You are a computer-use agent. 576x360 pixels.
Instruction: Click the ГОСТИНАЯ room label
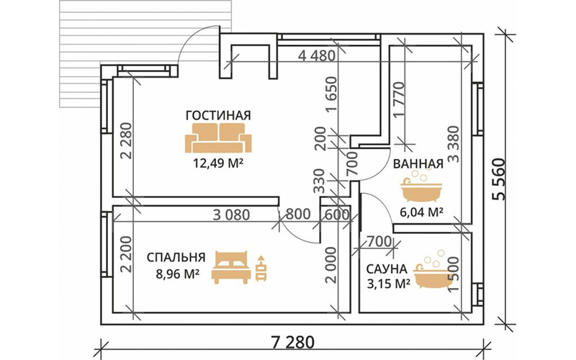pos(218,115)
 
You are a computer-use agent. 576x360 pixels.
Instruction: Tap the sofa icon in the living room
pos(218,138)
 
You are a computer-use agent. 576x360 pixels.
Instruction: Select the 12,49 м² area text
pos(218,163)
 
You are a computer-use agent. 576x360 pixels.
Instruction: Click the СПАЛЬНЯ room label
pos(176,258)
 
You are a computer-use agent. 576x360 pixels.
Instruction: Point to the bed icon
pos(231,267)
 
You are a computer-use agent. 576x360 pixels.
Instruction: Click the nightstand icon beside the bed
pos(261,268)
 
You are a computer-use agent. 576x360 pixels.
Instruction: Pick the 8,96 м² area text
pos(175,274)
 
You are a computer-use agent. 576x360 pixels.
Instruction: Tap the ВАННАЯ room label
pos(418,164)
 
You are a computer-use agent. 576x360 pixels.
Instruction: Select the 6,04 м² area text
pos(420,212)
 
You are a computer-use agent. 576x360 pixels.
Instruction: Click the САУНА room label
pos(387,269)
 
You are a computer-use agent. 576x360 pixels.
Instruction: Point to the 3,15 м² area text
pos(388,284)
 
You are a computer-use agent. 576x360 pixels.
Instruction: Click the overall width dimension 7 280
pos(293,343)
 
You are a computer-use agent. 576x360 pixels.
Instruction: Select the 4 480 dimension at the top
pos(317,56)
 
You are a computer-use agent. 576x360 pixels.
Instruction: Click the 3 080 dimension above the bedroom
pos(231,215)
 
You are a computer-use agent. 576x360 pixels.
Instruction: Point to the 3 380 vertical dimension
pos(454,144)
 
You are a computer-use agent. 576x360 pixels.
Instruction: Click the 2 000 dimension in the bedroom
pos(331,265)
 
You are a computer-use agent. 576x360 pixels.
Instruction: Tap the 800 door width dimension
pos(298,214)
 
